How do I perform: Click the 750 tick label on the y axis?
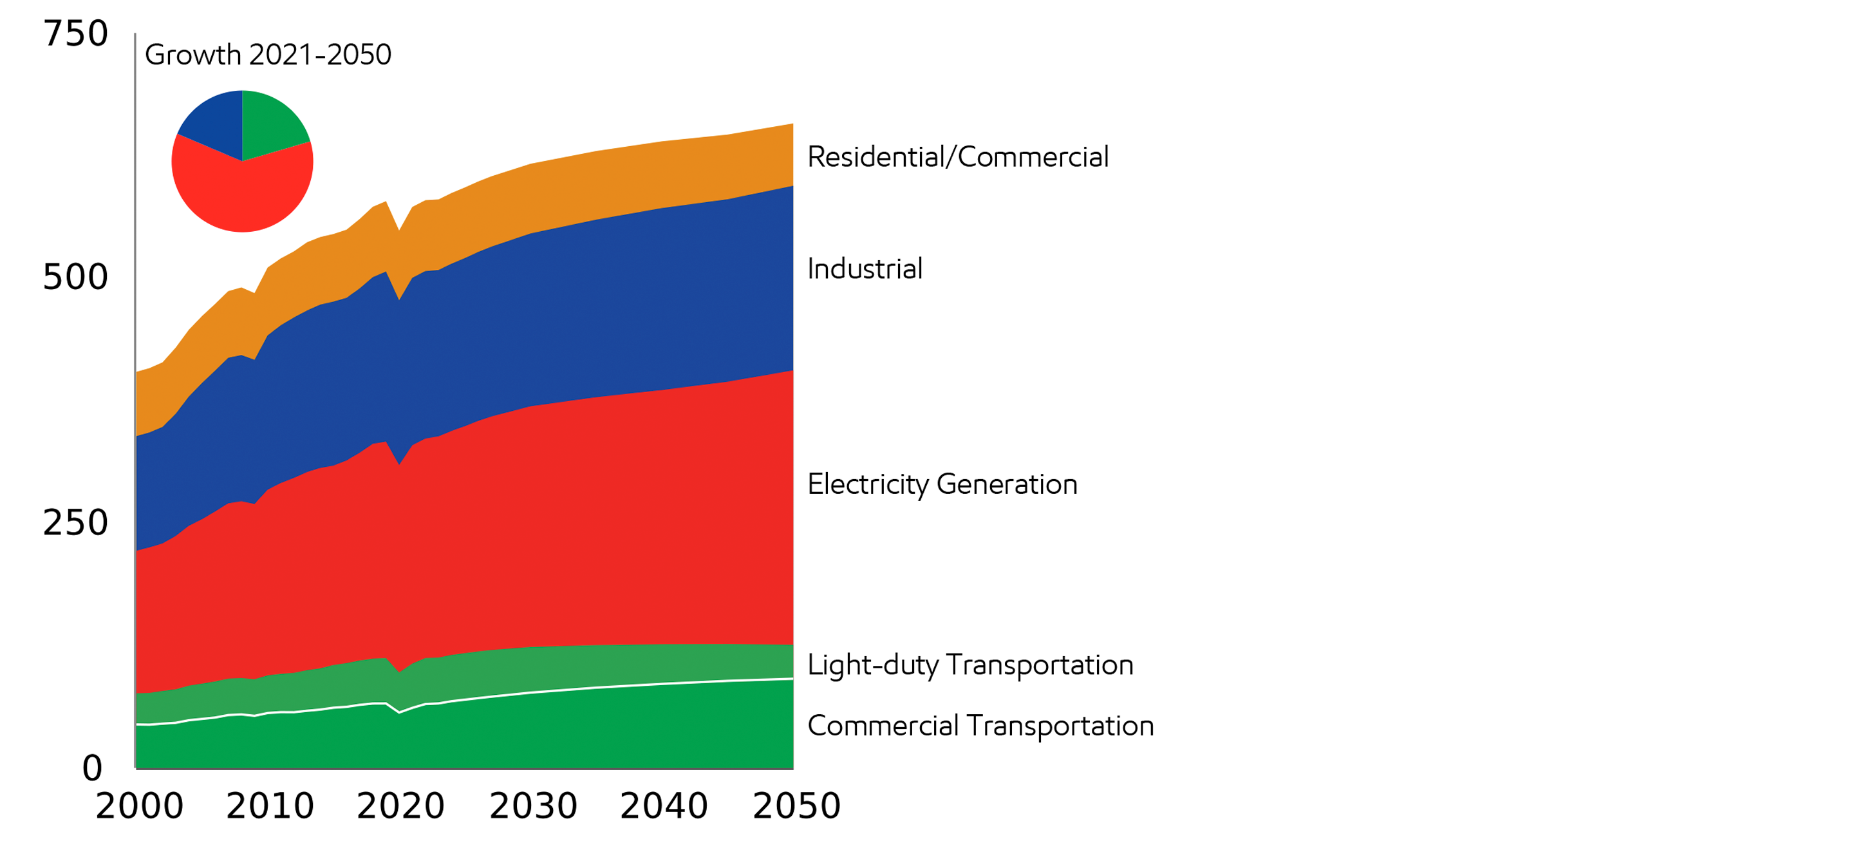click(75, 34)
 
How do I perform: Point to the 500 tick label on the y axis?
click(75, 277)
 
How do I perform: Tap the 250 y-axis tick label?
click(75, 523)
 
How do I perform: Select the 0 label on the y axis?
click(92, 768)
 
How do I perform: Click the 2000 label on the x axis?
click(140, 806)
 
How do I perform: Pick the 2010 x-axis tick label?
click(270, 806)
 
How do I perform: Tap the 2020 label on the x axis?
click(401, 806)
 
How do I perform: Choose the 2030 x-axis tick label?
click(533, 806)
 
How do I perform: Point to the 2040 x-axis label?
click(664, 806)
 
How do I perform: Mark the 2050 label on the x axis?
click(797, 806)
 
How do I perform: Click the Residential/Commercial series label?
click(958, 157)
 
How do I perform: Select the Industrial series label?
click(865, 269)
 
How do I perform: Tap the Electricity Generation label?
click(942, 485)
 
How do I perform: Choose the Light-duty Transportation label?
click(970, 665)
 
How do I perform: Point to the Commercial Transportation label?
click(980, 726)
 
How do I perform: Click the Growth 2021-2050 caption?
click(268, 55)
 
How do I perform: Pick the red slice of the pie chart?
click(243, 194)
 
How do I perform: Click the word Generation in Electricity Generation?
click(1007, 485)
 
